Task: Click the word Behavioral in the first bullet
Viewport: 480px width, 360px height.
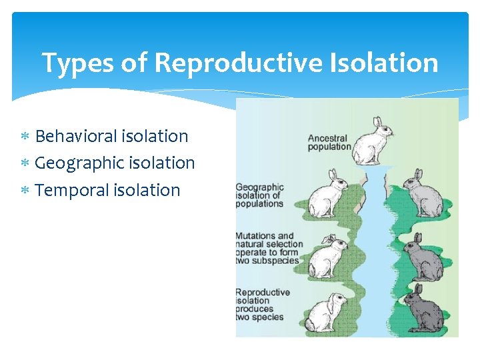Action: point(77,136)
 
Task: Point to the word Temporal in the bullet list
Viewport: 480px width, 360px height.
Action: point(71,190)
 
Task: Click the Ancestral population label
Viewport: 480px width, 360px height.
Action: point(329,143)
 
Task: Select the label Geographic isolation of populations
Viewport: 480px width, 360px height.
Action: point(260,195)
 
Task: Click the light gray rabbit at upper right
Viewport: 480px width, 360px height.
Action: point(423,194)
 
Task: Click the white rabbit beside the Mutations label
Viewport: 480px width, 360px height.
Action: point(327,256)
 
